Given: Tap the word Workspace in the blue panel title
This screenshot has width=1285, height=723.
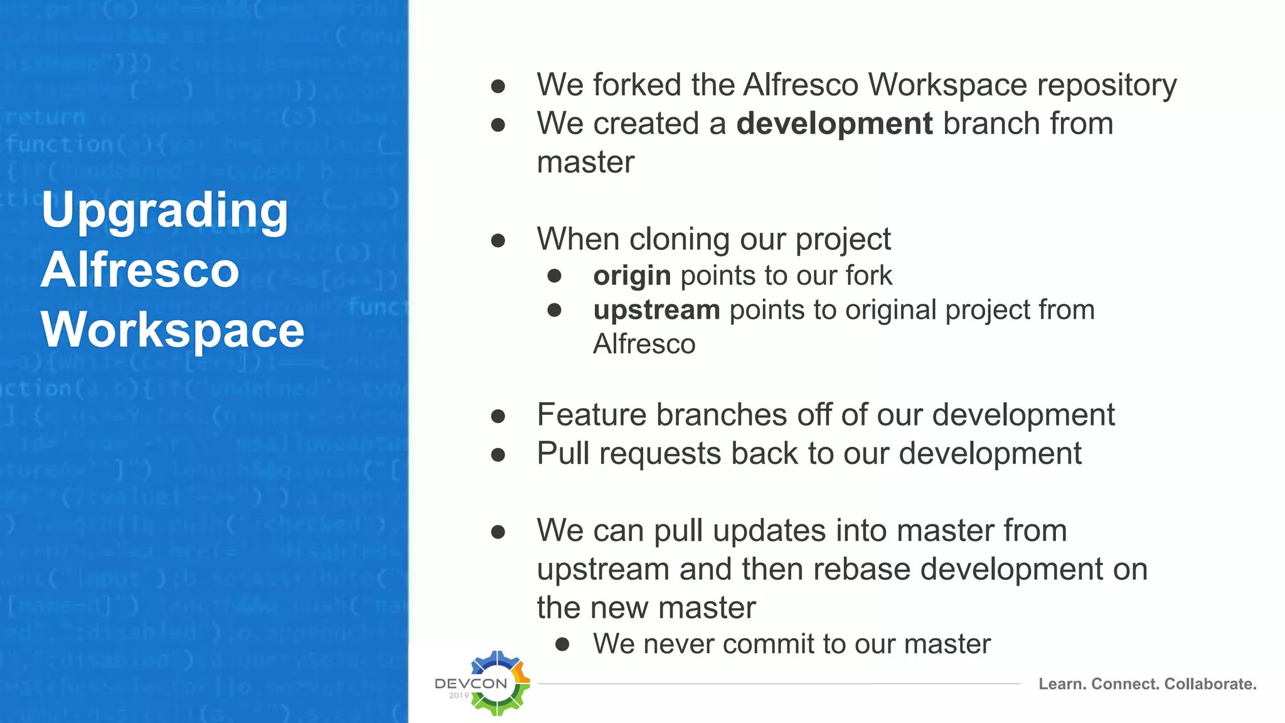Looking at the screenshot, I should [x=173, y=330].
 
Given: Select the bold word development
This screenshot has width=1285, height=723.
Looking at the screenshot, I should [x=834, y=124].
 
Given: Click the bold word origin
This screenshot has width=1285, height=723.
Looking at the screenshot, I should [x=632, y=276].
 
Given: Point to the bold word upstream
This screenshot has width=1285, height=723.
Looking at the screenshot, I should [x=656, y=310].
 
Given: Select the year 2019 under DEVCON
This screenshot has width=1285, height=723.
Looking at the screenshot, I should [x=459, y=695].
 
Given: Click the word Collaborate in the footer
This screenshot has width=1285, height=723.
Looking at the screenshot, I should [x=1210, y=684].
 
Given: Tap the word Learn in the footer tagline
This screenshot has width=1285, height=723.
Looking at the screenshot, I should [x=1062, y=684].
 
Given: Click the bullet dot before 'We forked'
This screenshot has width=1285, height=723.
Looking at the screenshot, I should [x=498, y=86].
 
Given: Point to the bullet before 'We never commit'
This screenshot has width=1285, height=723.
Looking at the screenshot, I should [x=562, y=644].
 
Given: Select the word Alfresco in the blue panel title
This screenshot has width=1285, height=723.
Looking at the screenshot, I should [x=140, y=270].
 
